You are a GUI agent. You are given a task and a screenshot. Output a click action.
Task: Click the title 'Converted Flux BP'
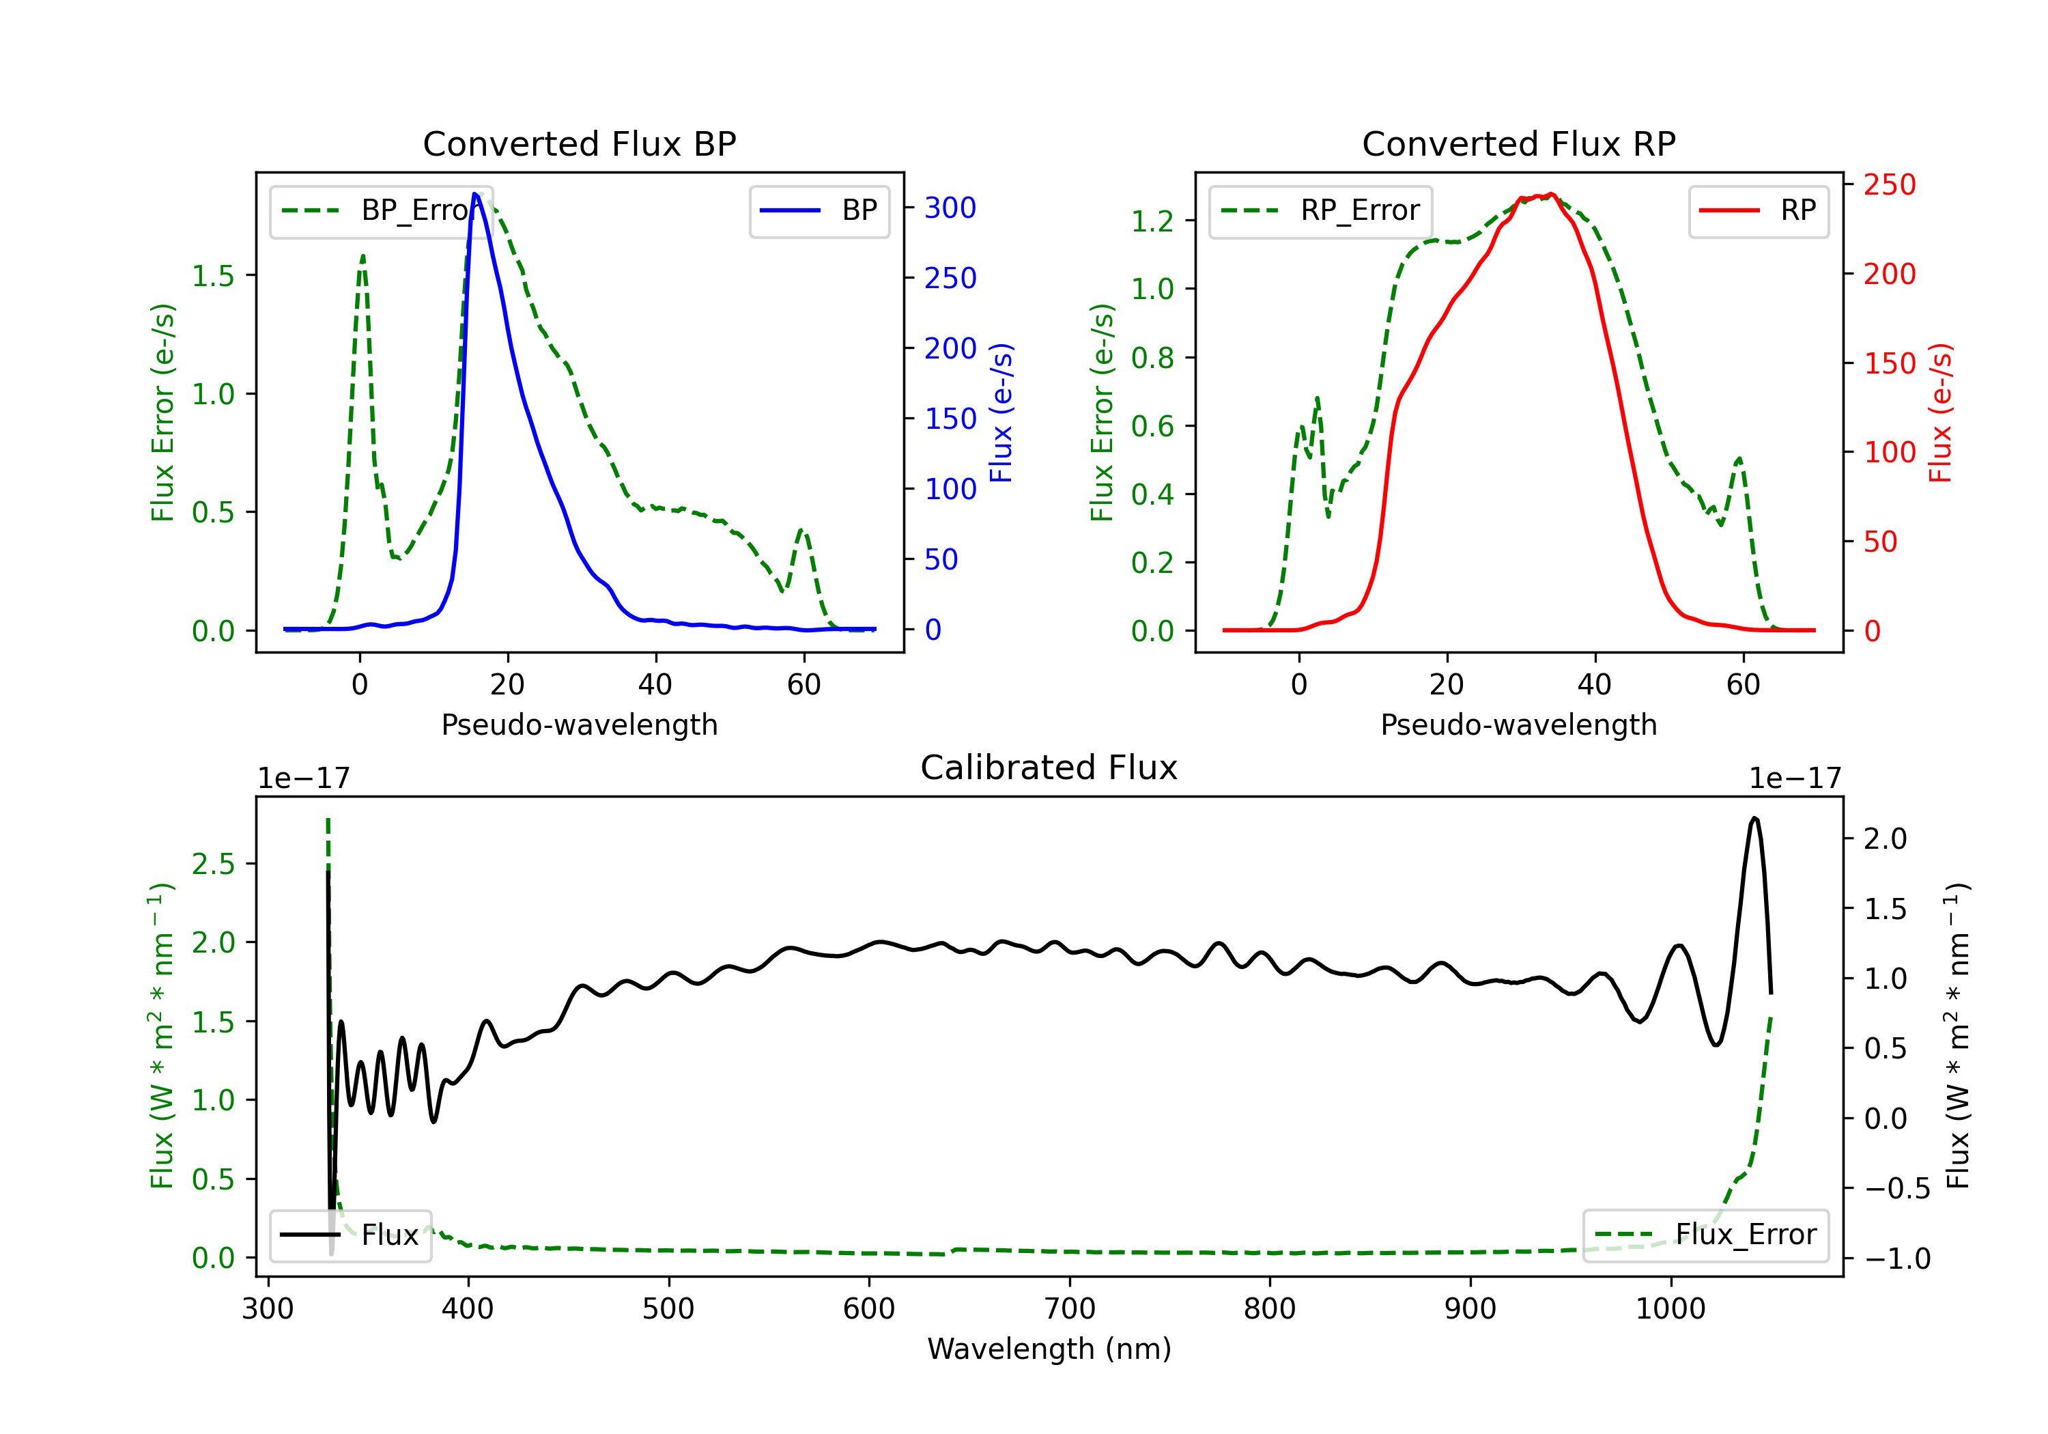pos(579,143)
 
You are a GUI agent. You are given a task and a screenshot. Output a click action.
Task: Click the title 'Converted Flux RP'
pos(1518,143)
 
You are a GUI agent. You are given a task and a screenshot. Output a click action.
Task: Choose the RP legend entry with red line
pos(1758,210)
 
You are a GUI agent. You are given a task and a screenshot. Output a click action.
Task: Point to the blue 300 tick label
pos(950,208)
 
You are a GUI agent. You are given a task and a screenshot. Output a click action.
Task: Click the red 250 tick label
pos(1889,185)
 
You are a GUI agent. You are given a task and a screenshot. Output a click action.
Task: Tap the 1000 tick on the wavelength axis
pos(1670,1309)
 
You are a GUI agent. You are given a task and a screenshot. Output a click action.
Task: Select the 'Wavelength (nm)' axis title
pos(1049,1349)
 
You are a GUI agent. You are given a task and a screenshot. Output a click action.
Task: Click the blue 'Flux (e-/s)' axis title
pos(1001,412)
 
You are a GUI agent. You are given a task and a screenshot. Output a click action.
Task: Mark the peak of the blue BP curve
pos(475,194)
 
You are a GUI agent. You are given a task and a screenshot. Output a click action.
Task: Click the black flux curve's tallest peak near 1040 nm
pos(1754,817)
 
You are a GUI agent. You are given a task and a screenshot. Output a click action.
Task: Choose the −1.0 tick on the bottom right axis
pos(1896,1259)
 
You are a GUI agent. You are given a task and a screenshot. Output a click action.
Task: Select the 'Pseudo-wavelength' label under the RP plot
pos(1518,725)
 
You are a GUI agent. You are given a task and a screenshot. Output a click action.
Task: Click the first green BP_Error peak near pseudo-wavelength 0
pos(362,256)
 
